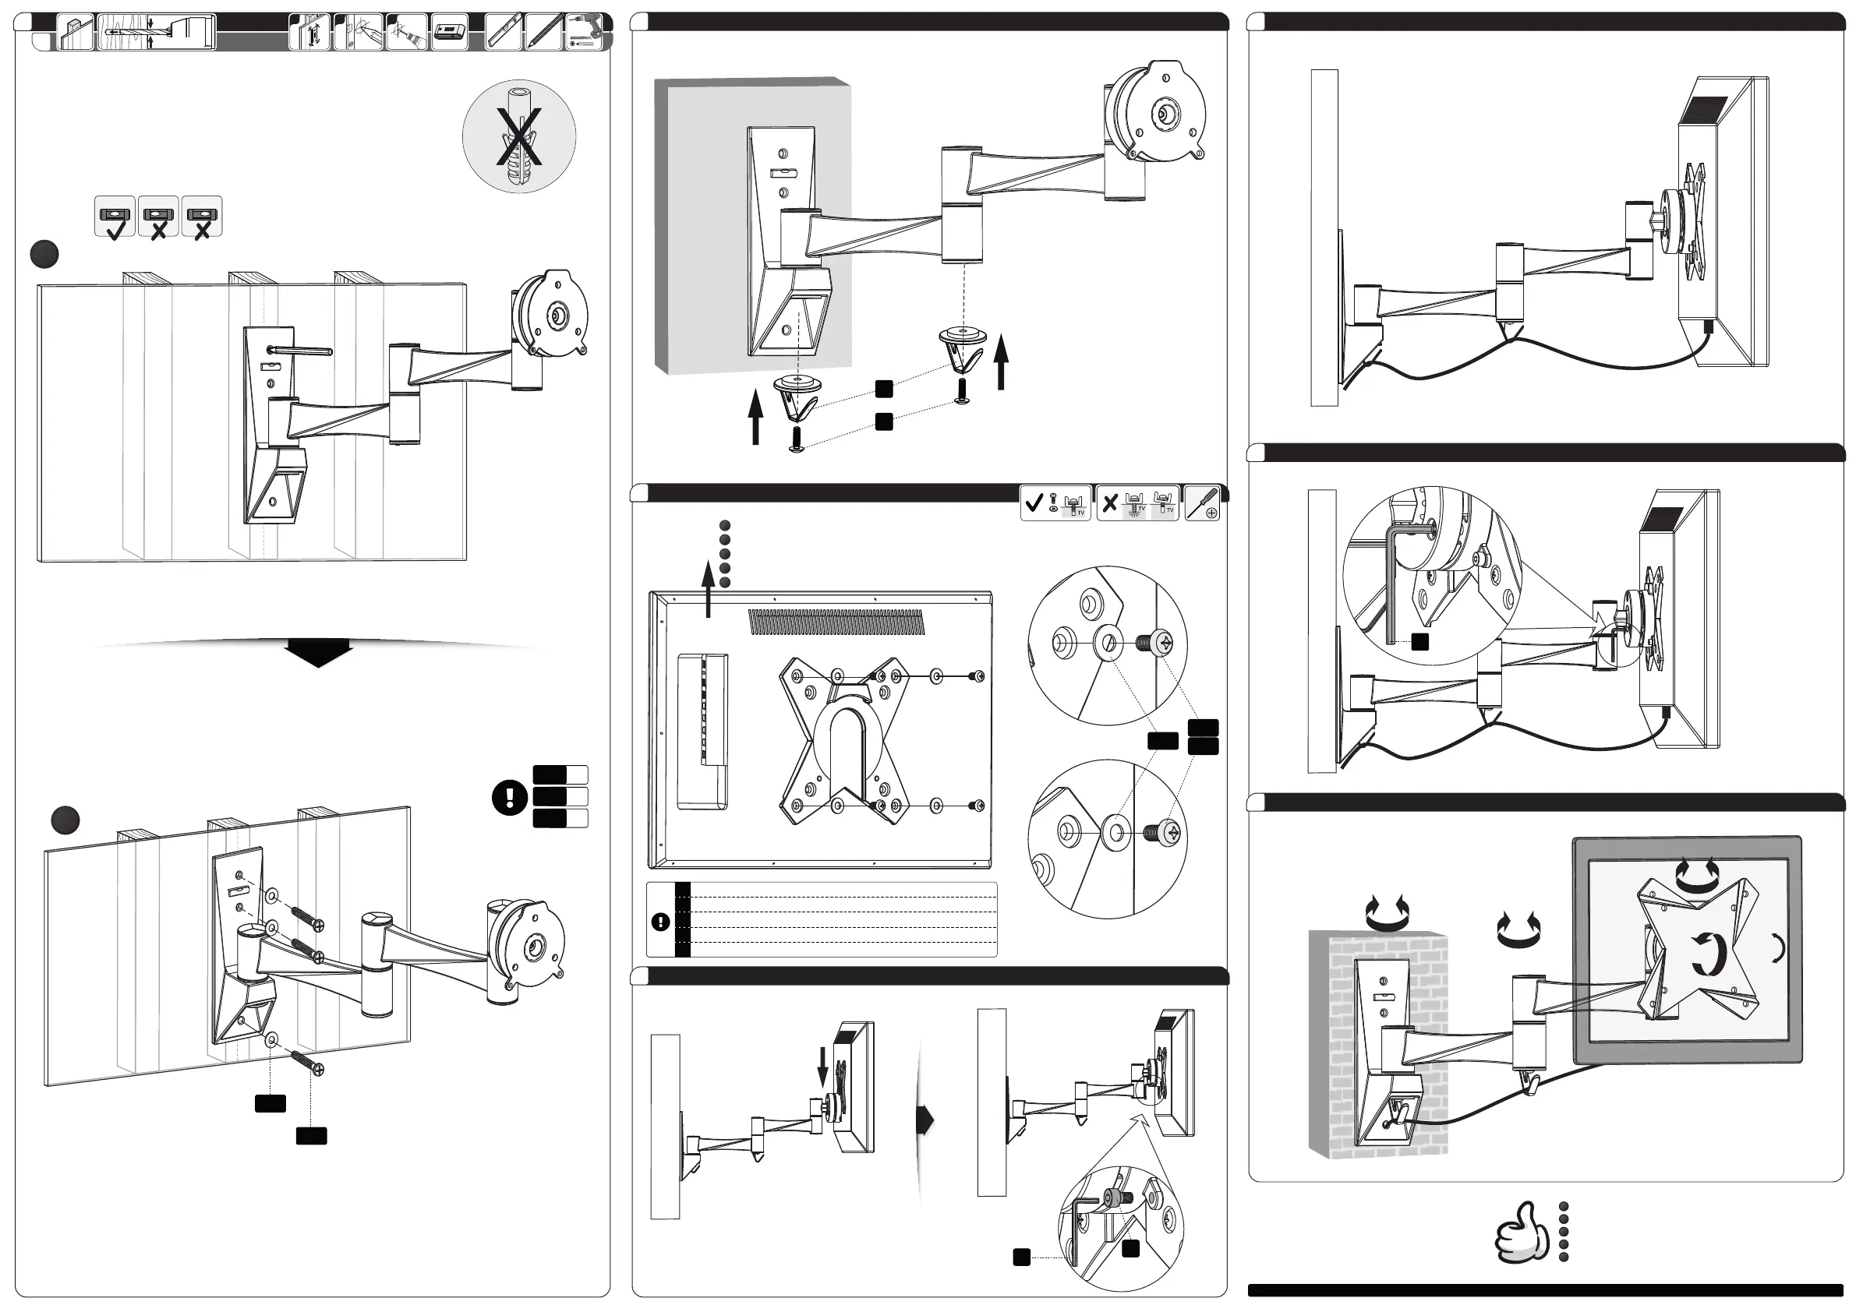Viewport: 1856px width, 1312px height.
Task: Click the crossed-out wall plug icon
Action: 519,136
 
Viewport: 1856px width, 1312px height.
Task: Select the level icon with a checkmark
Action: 115,217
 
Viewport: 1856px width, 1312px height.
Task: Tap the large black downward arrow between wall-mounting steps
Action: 319,651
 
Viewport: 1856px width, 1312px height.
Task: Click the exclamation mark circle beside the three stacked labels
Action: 509,797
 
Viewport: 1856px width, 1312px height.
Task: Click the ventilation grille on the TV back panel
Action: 835,621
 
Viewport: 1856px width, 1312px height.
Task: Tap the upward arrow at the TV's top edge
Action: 708,590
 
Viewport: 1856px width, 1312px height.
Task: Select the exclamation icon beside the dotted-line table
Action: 660,921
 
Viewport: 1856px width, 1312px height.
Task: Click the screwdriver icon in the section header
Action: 1202,503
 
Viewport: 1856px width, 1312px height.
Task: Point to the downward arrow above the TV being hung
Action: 823,1067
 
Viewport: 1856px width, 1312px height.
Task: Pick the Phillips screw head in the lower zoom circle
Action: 1169,832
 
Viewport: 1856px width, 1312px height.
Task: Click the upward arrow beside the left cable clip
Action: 756,415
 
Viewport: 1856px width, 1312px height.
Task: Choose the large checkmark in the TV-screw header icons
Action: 1033,503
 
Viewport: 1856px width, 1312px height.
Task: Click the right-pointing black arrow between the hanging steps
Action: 925,1120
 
